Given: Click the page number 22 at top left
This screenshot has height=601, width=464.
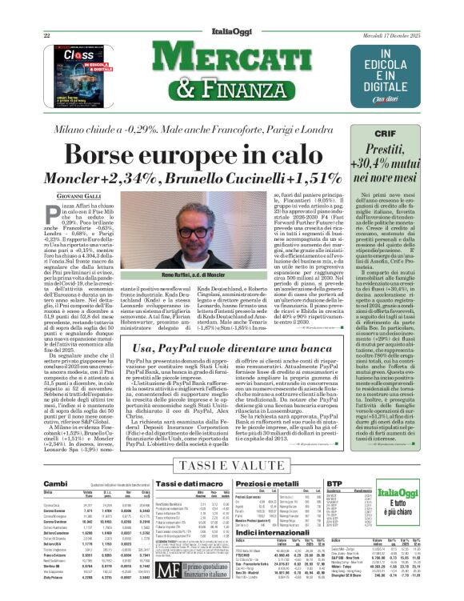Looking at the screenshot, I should pos(47,36).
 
